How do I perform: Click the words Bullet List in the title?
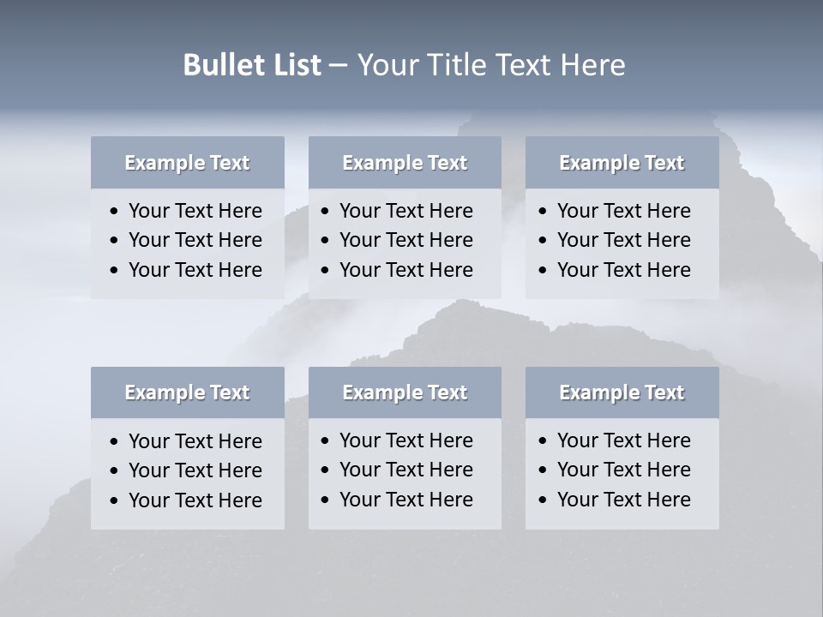tap(252, 65)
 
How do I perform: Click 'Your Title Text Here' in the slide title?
tap(490, 65)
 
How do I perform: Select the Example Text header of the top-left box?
tap(187, 163)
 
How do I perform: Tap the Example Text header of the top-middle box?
tap(405, 163)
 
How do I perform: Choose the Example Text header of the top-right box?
tap(622, 163)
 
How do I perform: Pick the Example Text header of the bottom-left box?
tap(187, 392)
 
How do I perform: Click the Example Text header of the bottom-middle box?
tap(405, 392)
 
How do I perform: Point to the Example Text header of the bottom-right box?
tap(622, 392)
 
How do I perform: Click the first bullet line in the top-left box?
tap(195, 211)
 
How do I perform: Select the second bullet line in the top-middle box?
tap(406, 240)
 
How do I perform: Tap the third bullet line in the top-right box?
tap(623, 270)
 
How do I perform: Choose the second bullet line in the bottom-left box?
tap(195, 470)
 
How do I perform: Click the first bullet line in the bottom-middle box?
tap(406, 440)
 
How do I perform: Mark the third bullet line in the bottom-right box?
tap(623, 500)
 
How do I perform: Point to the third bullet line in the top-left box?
tap(195, 270)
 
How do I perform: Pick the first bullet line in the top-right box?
tap(623, 211)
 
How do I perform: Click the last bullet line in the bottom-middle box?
tap(406, 500)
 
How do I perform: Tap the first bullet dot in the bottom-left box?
tap(115, 442)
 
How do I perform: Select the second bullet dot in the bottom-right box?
tap(544, 470)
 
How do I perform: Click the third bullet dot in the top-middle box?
tap(326, 271)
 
